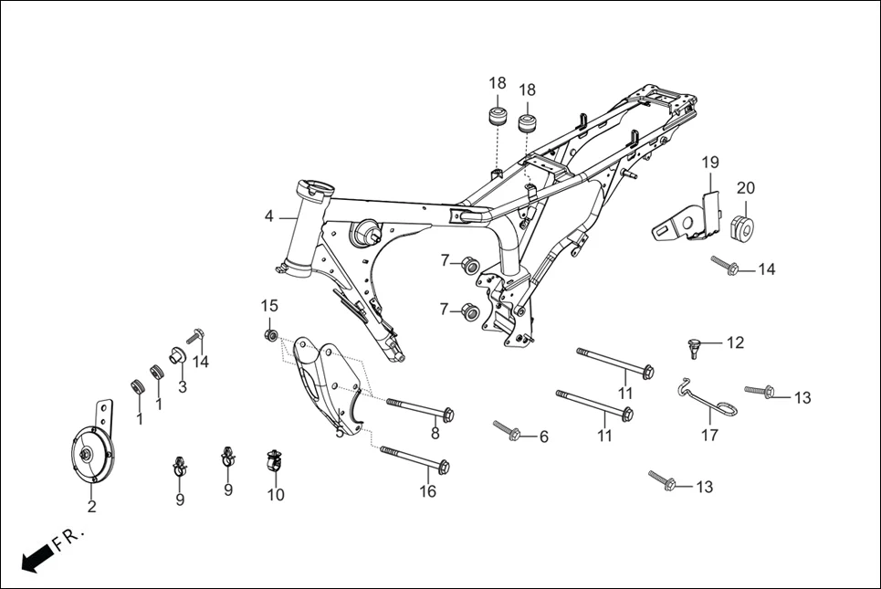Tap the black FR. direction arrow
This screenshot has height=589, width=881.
[x=35, y=556]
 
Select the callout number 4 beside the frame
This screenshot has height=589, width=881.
[x=268, y=216]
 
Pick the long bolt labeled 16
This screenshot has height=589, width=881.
[x=412, y=459]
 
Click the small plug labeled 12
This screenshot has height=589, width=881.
[x=696, y=345]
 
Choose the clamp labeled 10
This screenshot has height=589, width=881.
[x=273, y=462]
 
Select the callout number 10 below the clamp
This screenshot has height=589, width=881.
[x=276, y=495]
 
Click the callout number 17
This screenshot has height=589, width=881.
[x=709, y=436]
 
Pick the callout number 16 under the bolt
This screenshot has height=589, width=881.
[x=427, y=491]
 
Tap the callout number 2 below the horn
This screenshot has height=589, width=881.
[x=91, y=507]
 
